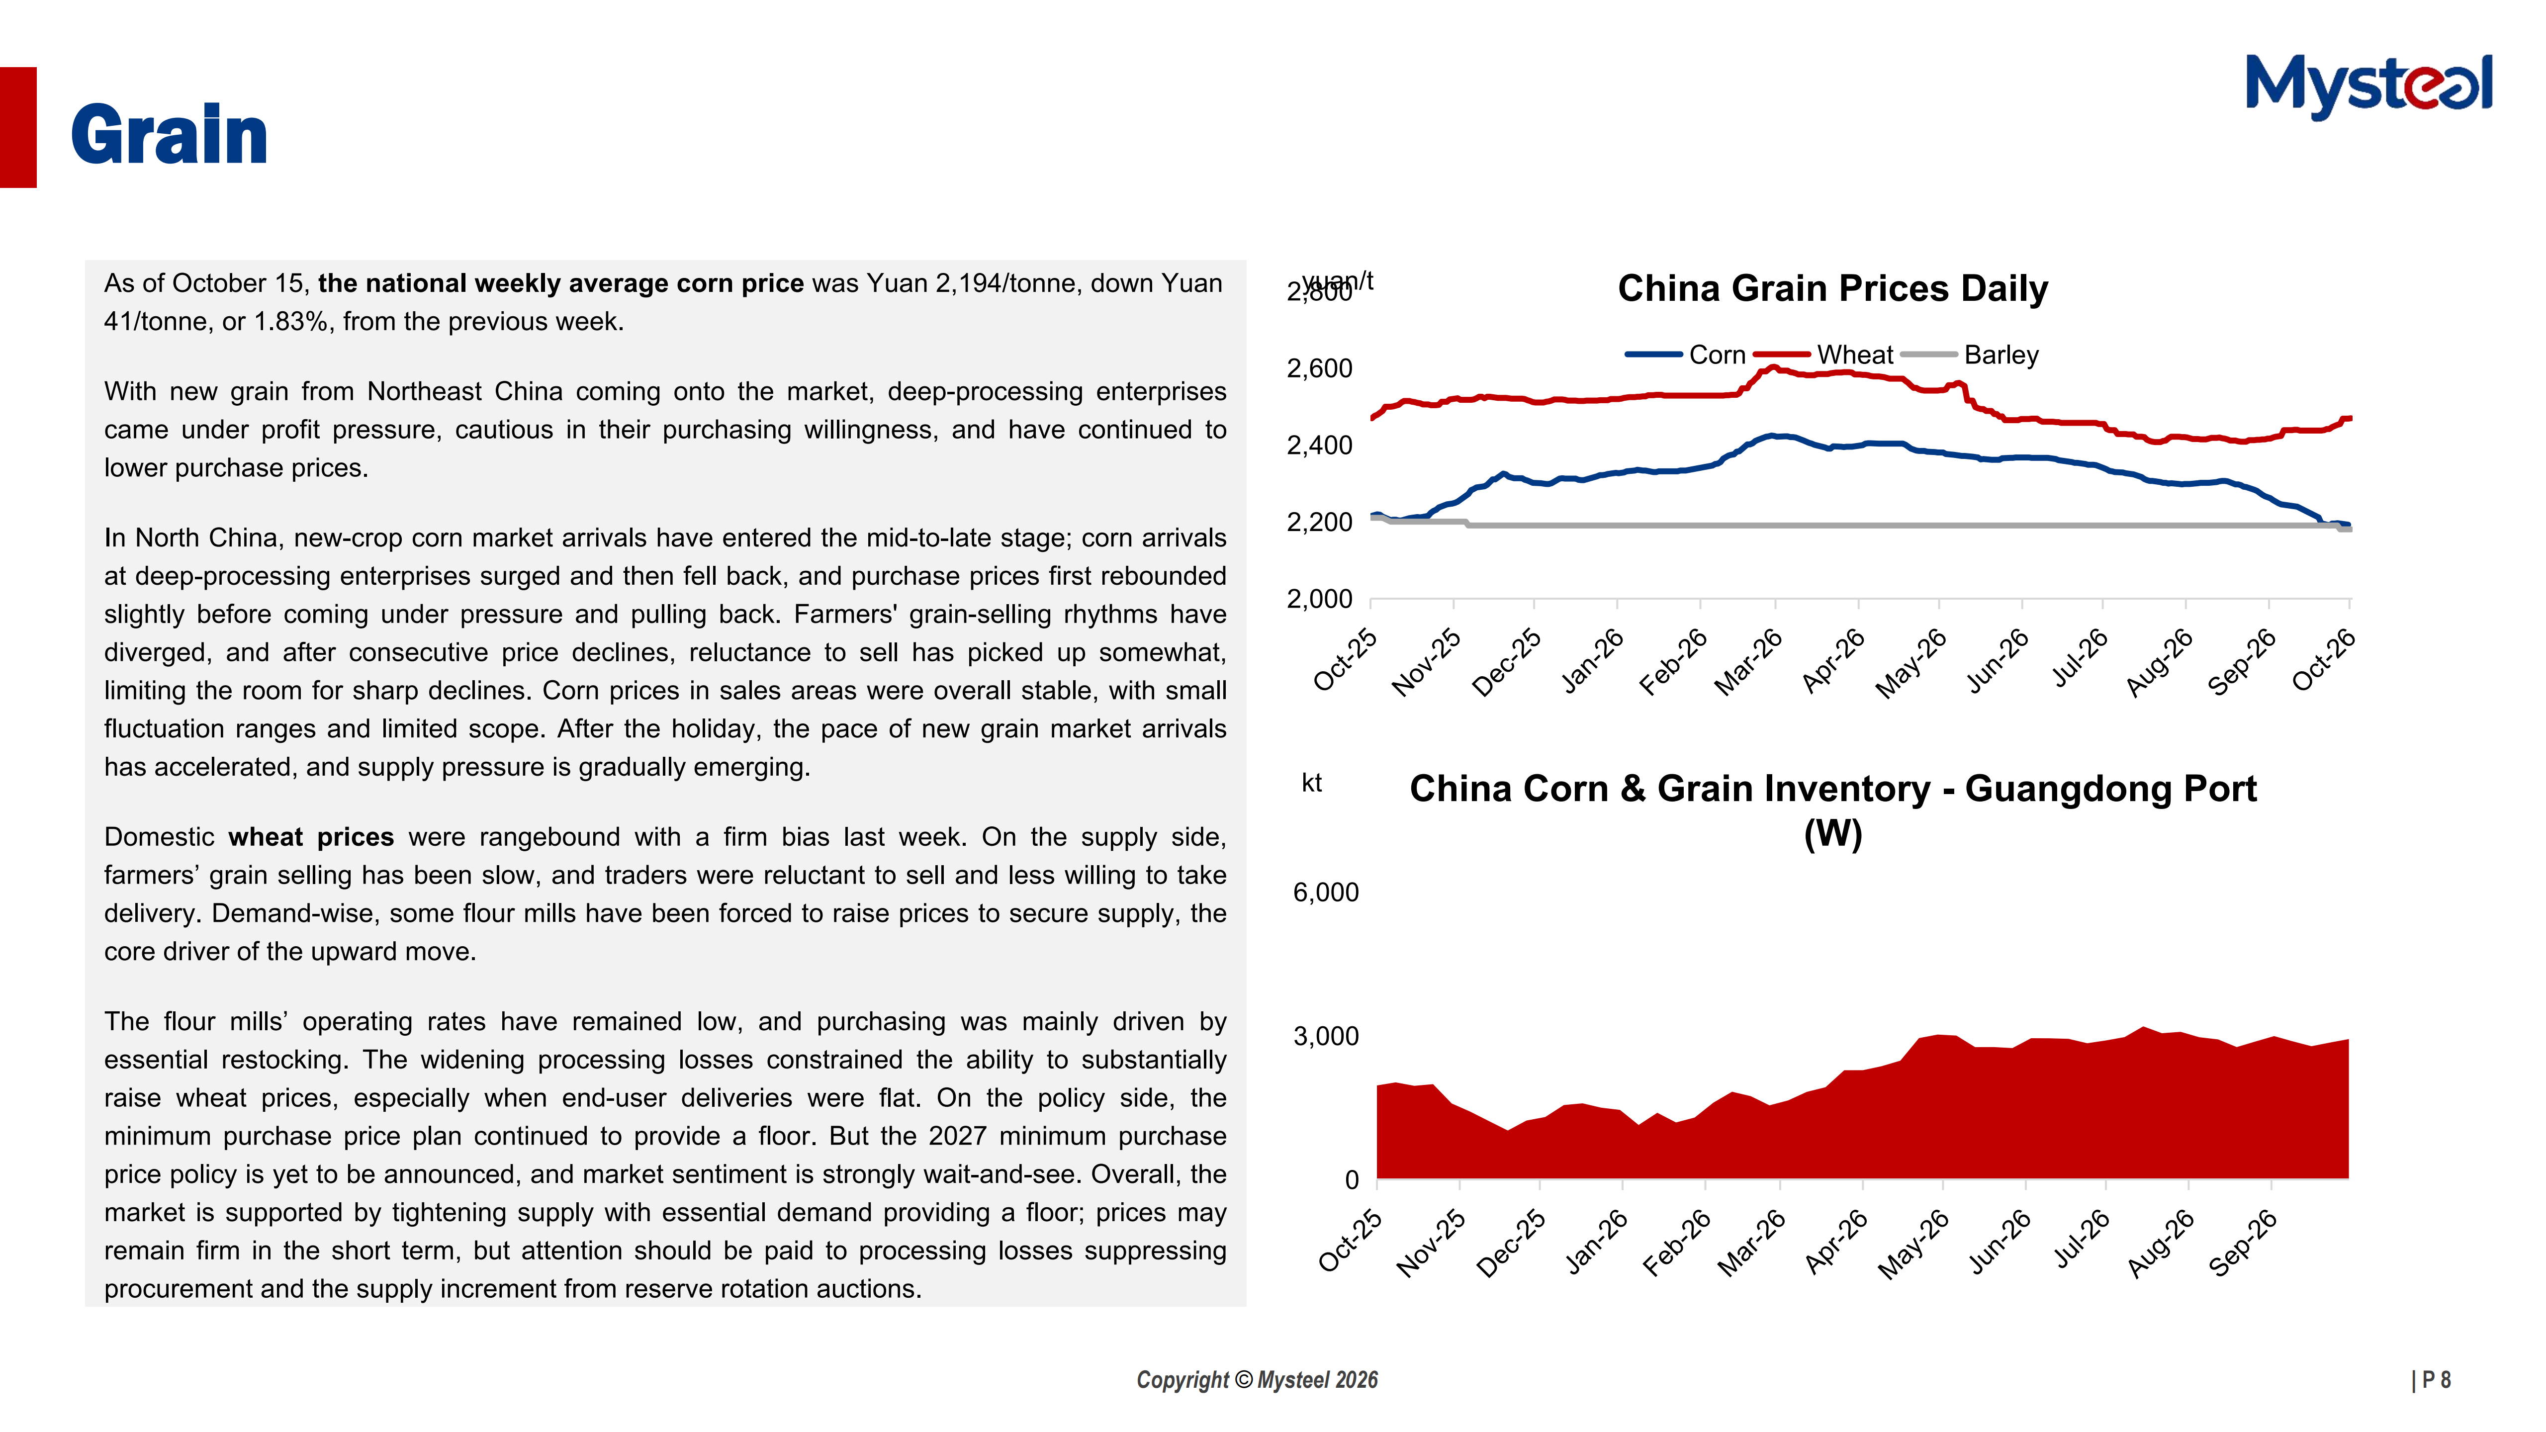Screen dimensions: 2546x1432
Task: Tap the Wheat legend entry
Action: (x=1823, y=355)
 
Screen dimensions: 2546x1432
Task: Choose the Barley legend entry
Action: (x=1970, y=355)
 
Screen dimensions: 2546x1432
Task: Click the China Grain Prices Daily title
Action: (x=1832, y=288)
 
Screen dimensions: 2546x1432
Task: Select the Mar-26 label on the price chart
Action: (x=1748, y=662)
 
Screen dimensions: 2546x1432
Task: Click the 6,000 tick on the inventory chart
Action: (x=1325, y=893)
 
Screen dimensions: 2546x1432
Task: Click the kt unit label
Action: (x=1312, y=784)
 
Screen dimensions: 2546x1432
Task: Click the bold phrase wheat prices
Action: (x=311, y=837)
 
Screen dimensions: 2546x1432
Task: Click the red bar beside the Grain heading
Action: (x=18, y=127)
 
